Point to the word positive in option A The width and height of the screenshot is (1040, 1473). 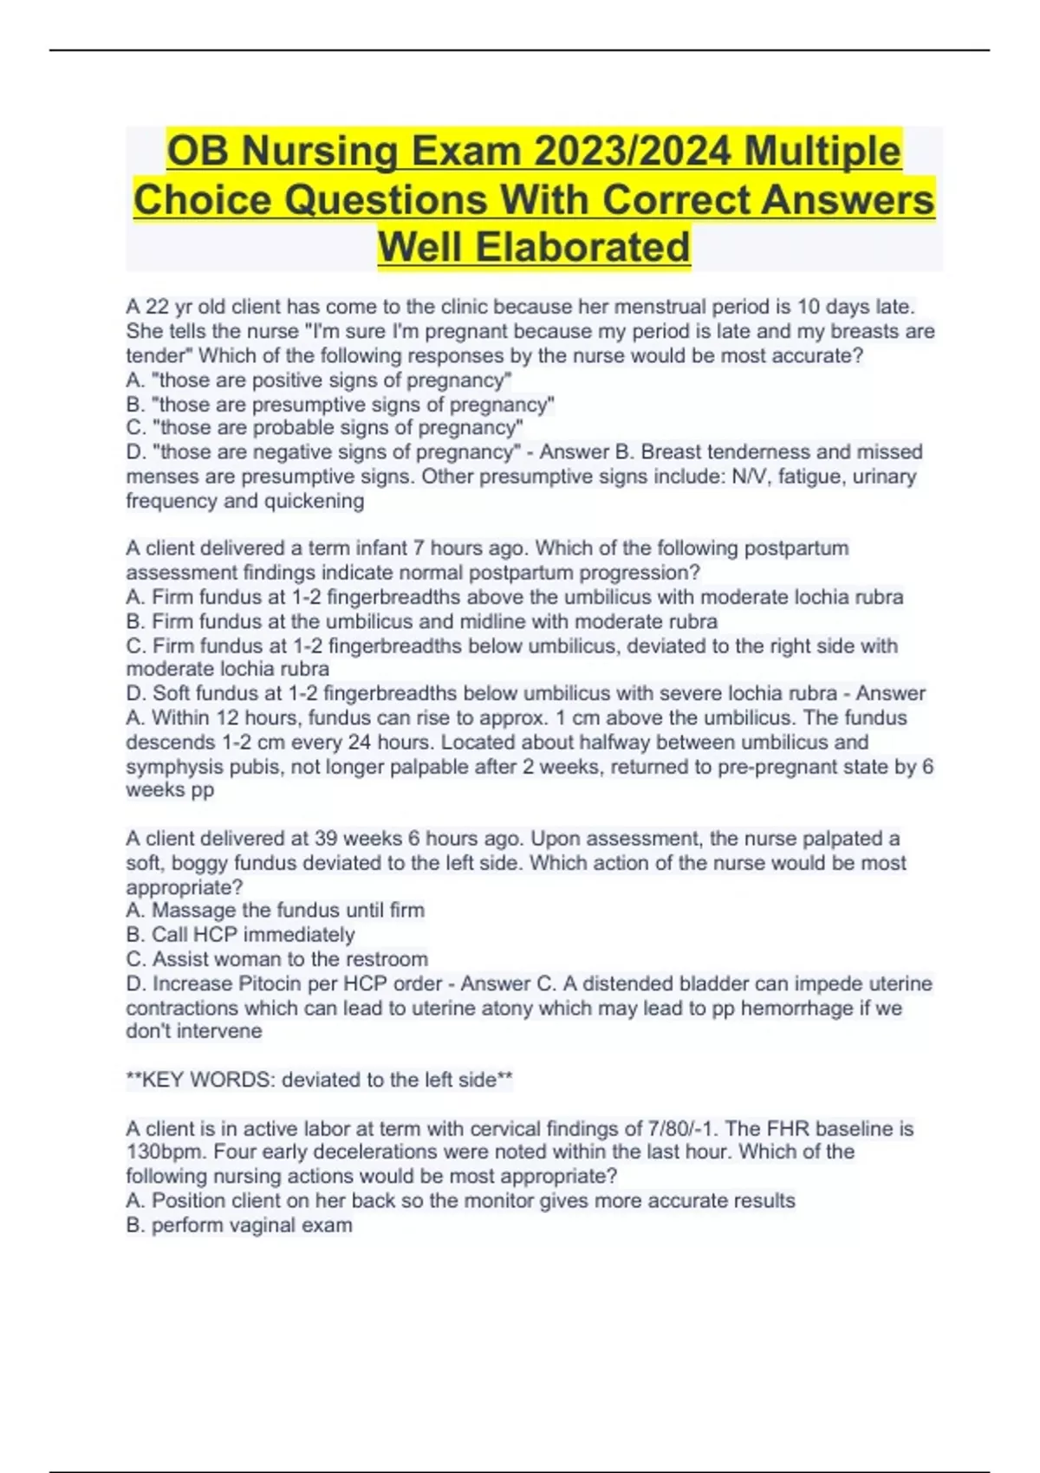[x=289, y=380]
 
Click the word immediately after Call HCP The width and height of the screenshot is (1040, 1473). [x=299, y=935]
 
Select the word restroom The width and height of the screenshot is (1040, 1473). [x=387, y=959]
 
